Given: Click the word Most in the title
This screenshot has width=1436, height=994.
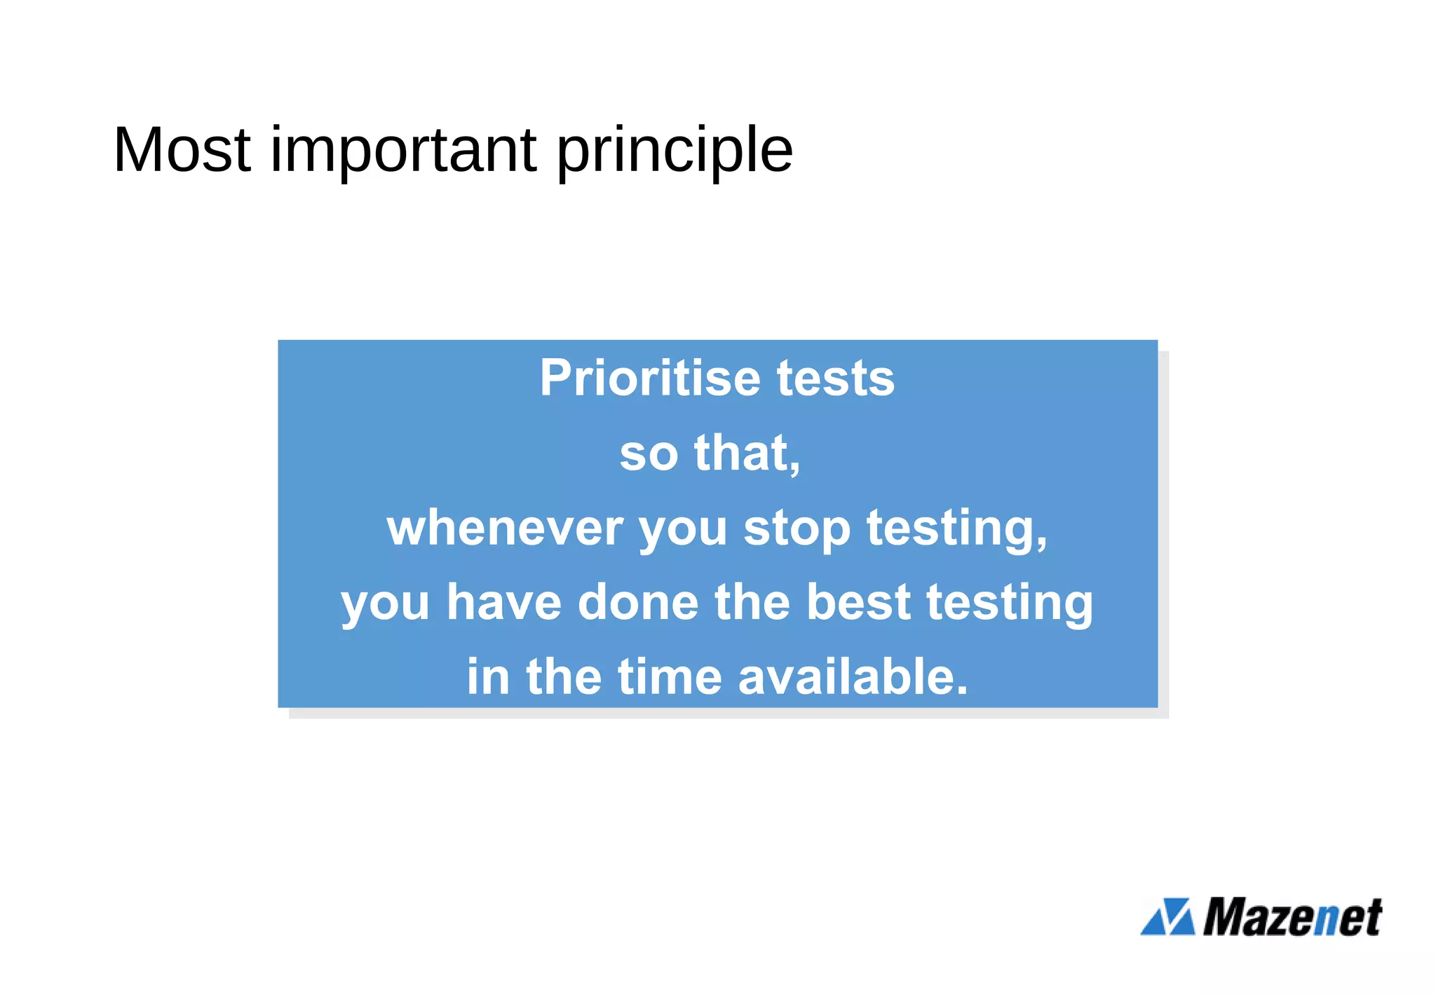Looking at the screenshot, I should click(x=182, y=149).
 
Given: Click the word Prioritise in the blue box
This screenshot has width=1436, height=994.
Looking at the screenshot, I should click(x=649, y=379).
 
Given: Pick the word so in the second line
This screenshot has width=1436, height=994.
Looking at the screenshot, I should click(x=649, y=454).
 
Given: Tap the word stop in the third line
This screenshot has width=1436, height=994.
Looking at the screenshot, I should click(x=797, y=529).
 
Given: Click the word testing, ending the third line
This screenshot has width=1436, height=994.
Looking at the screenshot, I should click(x=957, y=529).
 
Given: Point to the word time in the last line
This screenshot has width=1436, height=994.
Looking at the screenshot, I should click(x=669, y=678).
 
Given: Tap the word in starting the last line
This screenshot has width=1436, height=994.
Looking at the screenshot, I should click(x=488, y=678).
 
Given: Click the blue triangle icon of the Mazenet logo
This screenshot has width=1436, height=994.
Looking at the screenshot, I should click(x=1167, y=917).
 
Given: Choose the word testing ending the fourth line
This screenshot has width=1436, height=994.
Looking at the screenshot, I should click(x=1010, y=604).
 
